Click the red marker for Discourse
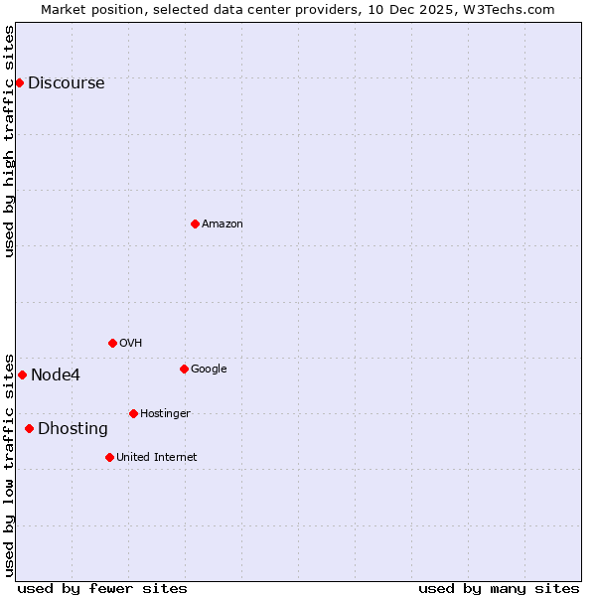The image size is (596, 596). coord(19,82)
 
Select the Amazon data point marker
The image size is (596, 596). coord(195,223)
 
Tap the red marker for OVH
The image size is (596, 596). coord(112,343)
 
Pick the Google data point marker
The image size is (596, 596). coord(184,369)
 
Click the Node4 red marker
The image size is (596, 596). coord(22,374)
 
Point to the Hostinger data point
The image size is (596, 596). coord(133,413)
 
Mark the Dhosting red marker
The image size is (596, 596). coord(29,428)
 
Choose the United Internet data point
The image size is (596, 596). coord(109,457)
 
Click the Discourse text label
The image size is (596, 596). coord(66,83)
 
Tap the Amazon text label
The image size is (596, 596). coord(222,224)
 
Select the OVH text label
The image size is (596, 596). coord(130,344)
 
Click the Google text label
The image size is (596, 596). coord(209,370)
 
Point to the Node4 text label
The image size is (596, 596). coord(56,375)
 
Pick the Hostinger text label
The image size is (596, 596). coord(165,414)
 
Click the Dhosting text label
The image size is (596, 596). coord(73,429)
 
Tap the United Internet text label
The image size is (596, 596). coord(156,458)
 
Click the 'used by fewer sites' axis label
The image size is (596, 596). coord(102,588)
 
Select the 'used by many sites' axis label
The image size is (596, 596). coord(499,588)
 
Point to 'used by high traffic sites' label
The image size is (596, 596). coord(9,141)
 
